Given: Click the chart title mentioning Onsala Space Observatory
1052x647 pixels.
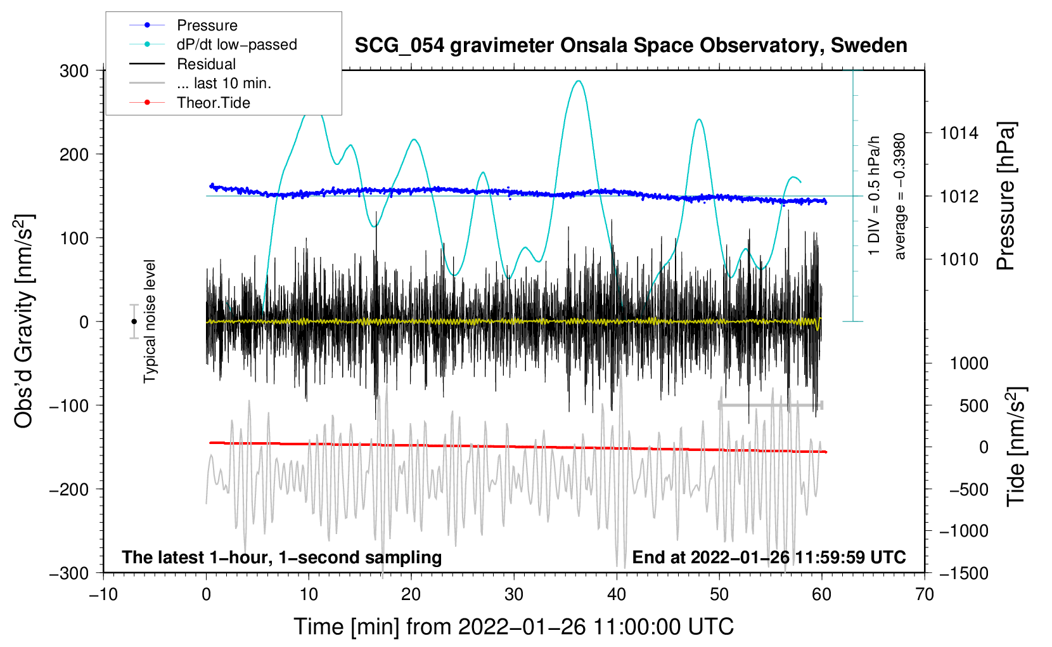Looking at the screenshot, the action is (631, 46).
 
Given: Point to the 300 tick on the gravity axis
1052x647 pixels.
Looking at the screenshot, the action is (74, 71).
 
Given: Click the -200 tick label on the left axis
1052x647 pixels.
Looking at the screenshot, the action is (69, 490).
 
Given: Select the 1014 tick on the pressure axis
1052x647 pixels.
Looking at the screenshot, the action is (959, 133).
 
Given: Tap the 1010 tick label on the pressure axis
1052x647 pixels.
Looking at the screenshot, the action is (959, 259).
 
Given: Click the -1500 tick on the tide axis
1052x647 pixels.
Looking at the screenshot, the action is (964, 573).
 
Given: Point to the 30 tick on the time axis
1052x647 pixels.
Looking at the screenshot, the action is (514, 595).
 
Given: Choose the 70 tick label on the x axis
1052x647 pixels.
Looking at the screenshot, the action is (924, 595).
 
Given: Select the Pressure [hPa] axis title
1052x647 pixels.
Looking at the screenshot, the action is (1006, 196).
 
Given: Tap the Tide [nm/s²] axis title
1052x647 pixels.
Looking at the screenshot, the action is (1017, 447).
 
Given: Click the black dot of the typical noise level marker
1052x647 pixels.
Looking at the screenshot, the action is (134, 322).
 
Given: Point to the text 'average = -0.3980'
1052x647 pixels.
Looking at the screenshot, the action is (899, 196).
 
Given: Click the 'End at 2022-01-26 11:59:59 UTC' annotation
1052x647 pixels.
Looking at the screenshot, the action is (769, 557).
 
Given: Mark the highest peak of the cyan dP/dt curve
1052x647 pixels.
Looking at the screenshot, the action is (579, 81).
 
